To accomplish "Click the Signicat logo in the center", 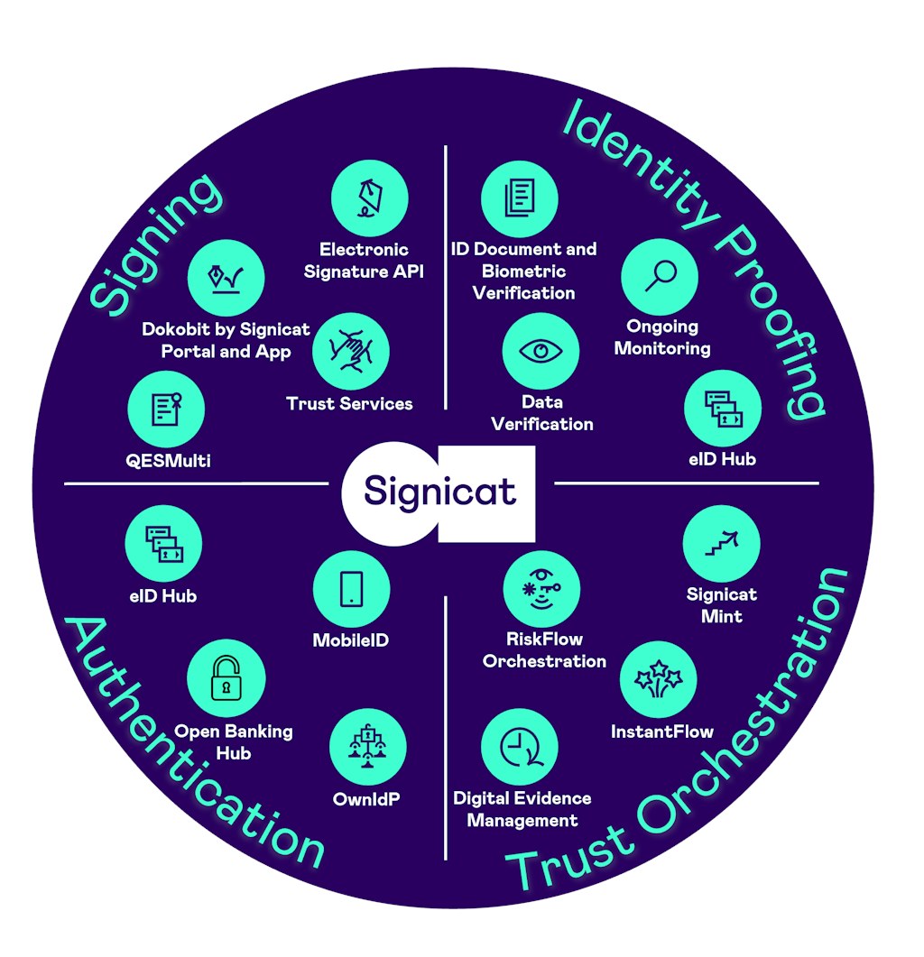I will (x=439, y=492).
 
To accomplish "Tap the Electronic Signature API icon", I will (x=369, y=199).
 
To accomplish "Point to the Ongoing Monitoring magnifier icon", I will (x=660, y=277).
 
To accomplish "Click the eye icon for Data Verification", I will (x=541, y=352).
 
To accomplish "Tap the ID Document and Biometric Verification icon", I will (x=519, y=198).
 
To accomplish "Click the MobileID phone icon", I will (x=351, y=590).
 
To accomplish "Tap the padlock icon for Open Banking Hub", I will (x=226, y=679).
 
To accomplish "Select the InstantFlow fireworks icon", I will (x=659, y=680).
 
